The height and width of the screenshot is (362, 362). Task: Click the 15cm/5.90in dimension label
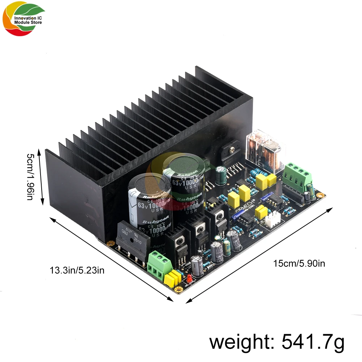[299, 264]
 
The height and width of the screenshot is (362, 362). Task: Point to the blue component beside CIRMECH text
[239, 214]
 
